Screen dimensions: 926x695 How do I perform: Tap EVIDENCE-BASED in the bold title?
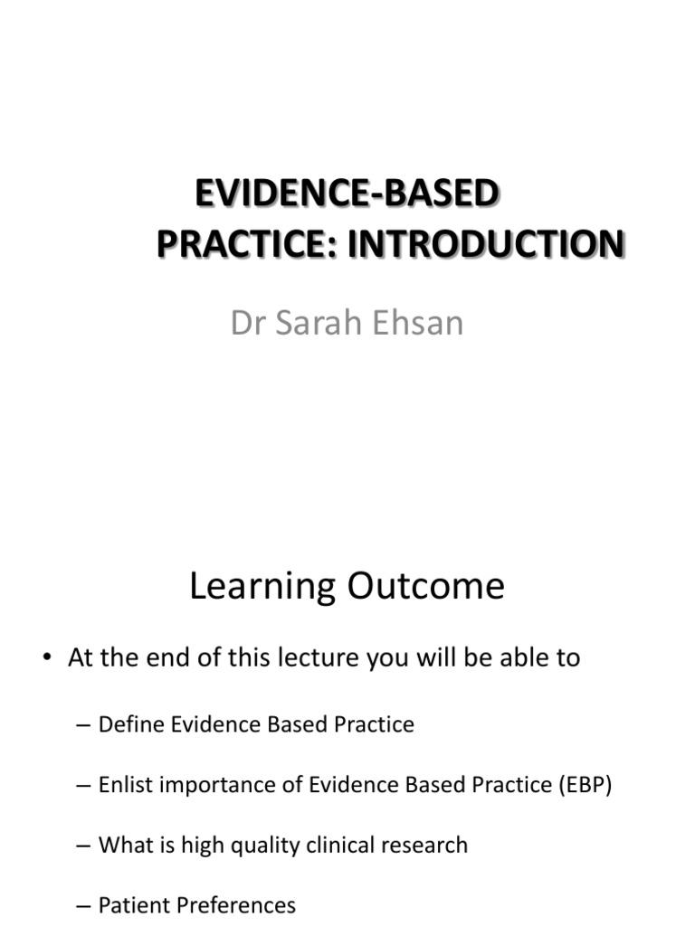pyautogui.click(x=347, y=194)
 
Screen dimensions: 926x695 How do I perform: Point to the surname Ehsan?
pyautogui.click(x=420, y=323)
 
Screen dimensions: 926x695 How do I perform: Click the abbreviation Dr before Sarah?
pyautogui.click(x=248, y=323)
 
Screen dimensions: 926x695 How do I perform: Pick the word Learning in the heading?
pyautogui.click(x=261, y=587)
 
